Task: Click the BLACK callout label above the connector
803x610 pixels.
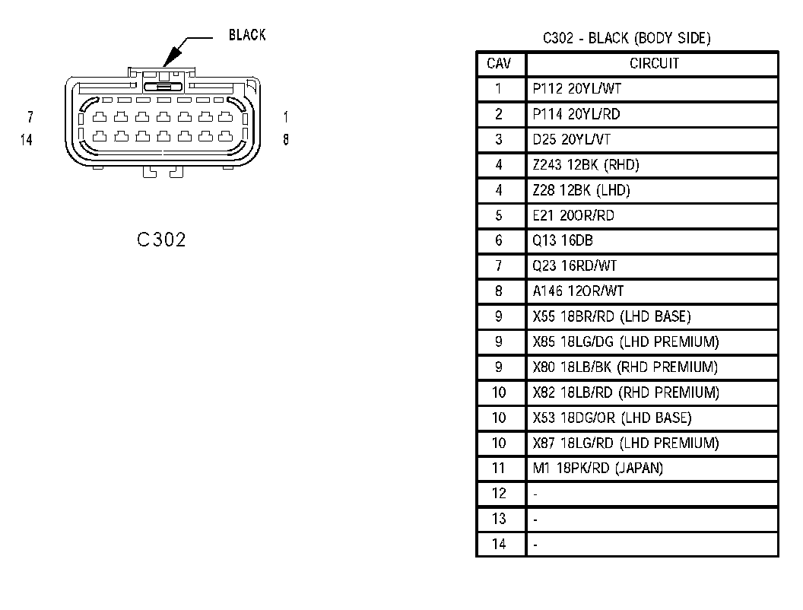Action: (247, 35)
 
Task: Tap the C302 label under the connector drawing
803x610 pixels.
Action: (161, 240)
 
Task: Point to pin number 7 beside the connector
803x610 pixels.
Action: (30, 117)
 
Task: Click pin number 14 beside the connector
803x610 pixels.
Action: (27, 140)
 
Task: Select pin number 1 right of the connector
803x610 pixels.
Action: (286, 117)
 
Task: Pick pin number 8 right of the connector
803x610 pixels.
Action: (286, 140)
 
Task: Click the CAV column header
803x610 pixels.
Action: (500, 63)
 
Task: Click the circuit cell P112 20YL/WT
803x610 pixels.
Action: (577, 89)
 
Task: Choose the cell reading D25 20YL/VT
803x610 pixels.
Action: (572, 139)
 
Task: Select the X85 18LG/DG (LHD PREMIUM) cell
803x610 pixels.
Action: (625, 342)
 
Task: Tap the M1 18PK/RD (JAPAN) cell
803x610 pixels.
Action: (598, 468)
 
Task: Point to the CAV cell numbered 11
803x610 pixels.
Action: (499, 468)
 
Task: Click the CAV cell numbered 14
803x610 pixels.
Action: (499, 544)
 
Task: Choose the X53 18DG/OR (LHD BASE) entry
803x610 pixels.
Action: (612, 418)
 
